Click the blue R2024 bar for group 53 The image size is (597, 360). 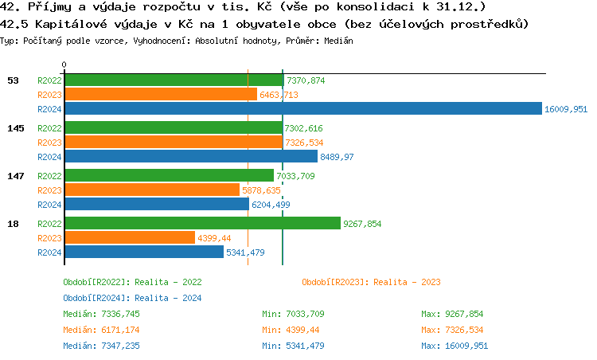tap(302, 109)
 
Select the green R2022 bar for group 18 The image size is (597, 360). tap(201, 224)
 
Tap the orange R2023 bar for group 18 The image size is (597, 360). tap(129, 238)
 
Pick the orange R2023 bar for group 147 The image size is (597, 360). tap(151, 190)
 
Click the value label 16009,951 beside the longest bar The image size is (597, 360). tap(565, 109)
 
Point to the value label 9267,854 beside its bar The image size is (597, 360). tap(362, 224)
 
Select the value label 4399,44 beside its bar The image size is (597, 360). tap(214, 238)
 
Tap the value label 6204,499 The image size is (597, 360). tap(271, 205)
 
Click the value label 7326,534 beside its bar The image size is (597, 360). tap(304, 143)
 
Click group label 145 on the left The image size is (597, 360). tap(14, 128)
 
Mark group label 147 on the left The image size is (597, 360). tap(14, 176)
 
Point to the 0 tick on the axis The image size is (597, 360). tap(64, 65)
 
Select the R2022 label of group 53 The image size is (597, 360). tap(49, 80)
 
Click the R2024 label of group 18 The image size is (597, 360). tap(49, 252)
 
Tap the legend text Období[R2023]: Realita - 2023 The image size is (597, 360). tap(371, 282)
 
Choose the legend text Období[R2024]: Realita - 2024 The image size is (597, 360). tap(132, 298)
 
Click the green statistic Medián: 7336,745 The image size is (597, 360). tap(101, 314)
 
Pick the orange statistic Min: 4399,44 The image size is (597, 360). tap(293, 330)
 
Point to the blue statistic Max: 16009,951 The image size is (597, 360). tap(455, 346)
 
